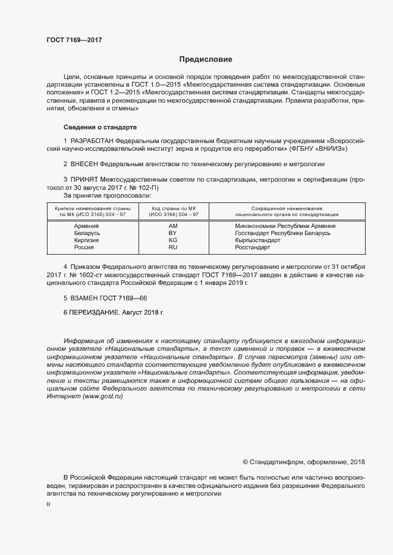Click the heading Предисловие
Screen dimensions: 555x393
(x=206, y=59)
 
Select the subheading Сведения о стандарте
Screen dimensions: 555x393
(x=100, y=127)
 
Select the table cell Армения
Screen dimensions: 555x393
(x=86, y=226)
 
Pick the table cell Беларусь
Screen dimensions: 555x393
(x=86, y=233)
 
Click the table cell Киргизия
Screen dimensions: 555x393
(x=86, y=240)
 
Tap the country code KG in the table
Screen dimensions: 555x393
(x=173, y=240)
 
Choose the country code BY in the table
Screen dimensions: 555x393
(x=173, y=233)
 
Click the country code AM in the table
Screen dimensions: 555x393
(x=173, y=226)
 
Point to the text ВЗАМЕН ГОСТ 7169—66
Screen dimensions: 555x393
(x=105, y=296)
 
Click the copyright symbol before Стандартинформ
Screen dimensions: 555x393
(x=246, y=462)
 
